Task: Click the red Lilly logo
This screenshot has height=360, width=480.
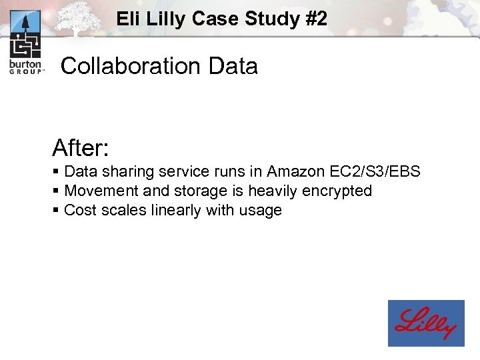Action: point(426,323)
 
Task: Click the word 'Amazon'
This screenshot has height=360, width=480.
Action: point(294,171)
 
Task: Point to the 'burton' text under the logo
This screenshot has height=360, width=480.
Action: point(25,64)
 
